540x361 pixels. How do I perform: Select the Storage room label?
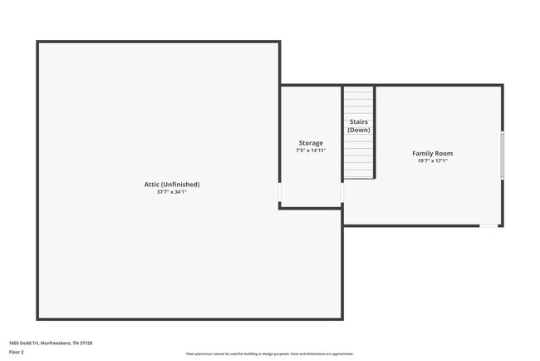(x=311, y=143)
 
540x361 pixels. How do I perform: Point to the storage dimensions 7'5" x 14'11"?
(x=311, y=151)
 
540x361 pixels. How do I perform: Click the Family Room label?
(x=433, y=153)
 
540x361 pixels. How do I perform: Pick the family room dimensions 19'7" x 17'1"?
(x=433, y=161)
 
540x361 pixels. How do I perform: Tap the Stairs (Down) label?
(x=359, y=126)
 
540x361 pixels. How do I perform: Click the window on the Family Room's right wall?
(x=502, y=155)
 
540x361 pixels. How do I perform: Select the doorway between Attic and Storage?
(x=280, y=193)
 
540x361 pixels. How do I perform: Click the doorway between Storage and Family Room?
(x=342, y=193)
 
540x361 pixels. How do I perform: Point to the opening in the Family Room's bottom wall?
(x=489, y=225)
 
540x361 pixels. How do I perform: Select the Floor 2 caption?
(x=17, y=352)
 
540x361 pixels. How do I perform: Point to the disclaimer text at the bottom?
(x=270, y=354)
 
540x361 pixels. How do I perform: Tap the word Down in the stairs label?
(x=359, y=130)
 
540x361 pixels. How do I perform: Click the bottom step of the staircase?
(x=359, y=174)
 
